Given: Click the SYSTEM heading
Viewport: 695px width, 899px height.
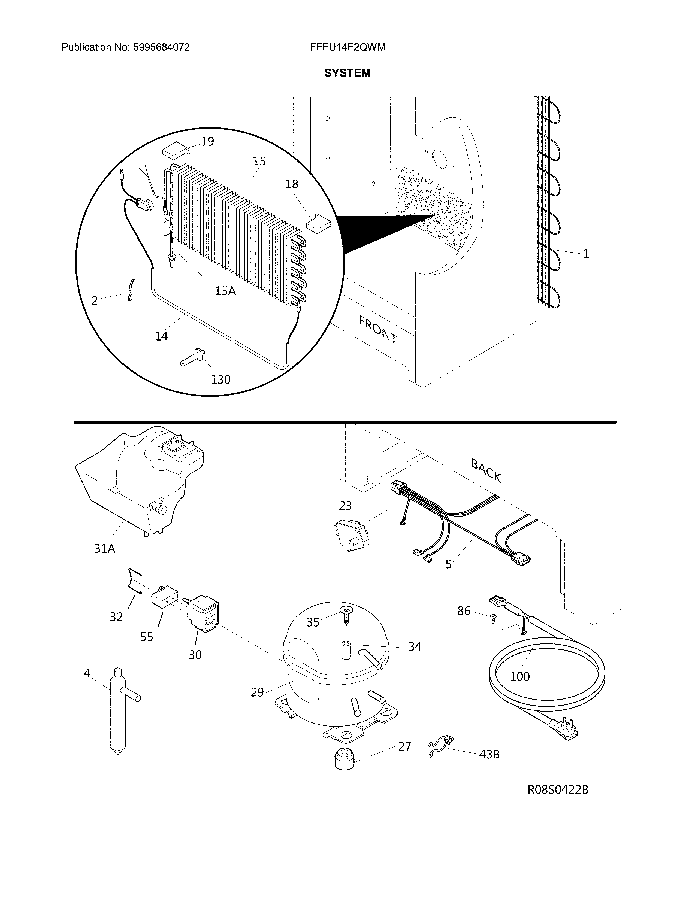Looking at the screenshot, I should (x=347, y=73).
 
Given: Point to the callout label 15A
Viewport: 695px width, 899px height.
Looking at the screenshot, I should (x=225, y=291).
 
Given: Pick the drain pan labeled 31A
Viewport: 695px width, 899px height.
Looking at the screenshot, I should (x=136, y=482).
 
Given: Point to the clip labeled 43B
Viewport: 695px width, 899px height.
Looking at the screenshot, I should (x=441, y=746).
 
